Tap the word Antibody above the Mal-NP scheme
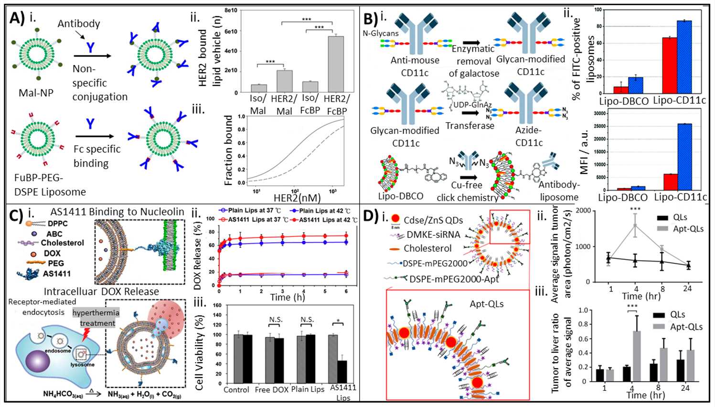(x=79, y=23)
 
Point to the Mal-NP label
(x=36, y=93)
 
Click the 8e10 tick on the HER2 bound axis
(x=231, y=10)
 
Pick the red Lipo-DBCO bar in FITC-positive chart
(x=620, y=90)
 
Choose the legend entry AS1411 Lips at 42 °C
(x=327, y=220)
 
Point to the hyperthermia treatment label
(x=96, y=318)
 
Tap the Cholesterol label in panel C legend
(x=62, y=243)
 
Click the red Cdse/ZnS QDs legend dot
(x=395, y=219)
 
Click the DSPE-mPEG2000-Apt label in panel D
(x=454, y=279)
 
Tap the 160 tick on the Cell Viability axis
(x=217, y=305)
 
